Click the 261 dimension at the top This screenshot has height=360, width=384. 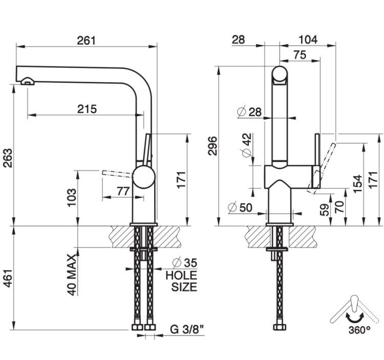coord(86,40)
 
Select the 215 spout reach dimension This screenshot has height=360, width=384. coord(87,109)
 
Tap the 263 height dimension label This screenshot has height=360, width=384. coord(8,157)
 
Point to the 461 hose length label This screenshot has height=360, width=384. coord(8,278)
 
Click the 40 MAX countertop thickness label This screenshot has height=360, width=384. coord(72,275)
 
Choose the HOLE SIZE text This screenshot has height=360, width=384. coord(181,281)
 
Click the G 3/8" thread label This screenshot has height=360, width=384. coord(187,329)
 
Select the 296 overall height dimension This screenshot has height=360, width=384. coord(212,146)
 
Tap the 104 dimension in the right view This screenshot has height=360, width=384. coord(308,39)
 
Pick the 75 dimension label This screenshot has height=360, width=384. coord(300,55)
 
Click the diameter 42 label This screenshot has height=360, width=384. coord(247,145)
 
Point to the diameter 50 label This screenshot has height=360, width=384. coord(240,208)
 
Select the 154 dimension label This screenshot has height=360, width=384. coord(357,184)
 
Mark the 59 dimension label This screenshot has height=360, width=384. coord(325,210)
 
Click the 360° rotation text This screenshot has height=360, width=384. coord(359,330)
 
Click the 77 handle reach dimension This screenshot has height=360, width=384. coord(123,191)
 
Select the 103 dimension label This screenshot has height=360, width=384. coord(72,197)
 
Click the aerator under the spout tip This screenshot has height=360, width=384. coord(28,81)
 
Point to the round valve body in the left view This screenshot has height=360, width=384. coord(144,177)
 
